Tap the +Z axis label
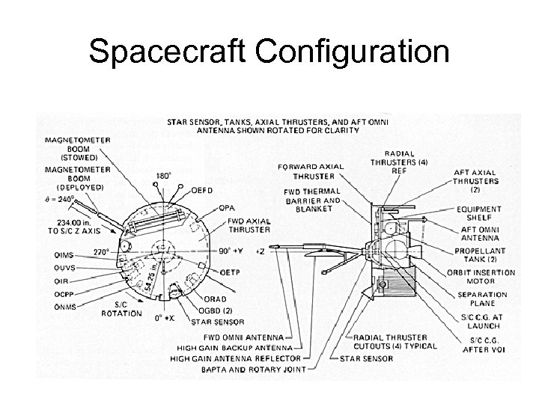[261, 251]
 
